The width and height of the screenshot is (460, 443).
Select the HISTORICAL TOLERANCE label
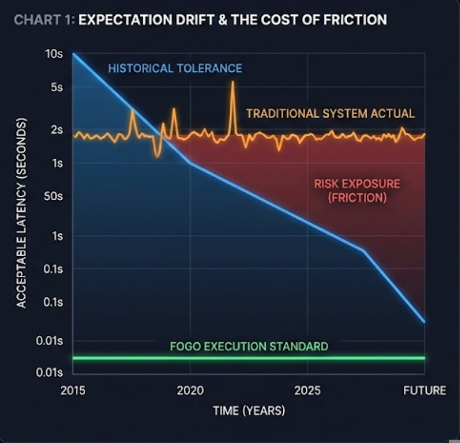tap(175, 68)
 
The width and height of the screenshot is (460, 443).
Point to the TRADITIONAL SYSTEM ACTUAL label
tap(330, 113)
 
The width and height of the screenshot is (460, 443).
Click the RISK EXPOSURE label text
tap(357, 183)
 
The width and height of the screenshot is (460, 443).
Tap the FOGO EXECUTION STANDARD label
tap(249, 346)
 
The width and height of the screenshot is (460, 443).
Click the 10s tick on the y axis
tap(54, 54)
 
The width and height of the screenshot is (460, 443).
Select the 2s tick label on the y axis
tap(56, 130)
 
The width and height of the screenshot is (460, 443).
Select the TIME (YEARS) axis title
tap(249, 411)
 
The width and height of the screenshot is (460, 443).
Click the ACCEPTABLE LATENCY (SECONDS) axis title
tap(21, 213)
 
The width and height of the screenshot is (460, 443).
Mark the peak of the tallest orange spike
tap(232, 82)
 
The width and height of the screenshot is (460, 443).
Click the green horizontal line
tap(249, 358)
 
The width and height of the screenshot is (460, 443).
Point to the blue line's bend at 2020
tap(190, 163)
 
